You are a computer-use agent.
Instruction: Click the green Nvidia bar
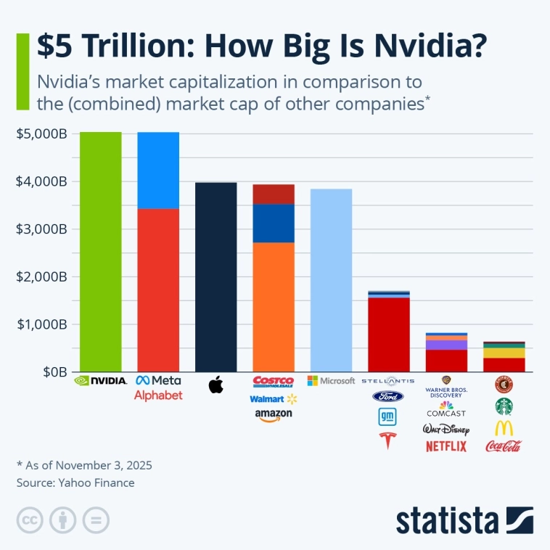100,251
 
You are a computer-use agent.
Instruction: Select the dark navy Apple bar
216,276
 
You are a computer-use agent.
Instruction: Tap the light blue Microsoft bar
331,280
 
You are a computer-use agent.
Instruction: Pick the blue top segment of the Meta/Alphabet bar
158,170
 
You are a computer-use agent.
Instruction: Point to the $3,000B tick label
41,229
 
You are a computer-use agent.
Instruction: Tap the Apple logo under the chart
216,385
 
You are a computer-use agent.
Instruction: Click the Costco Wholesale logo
274,381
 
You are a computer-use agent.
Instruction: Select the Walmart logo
274,398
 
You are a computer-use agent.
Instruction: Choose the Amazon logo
274,414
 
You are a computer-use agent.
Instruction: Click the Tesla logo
388,440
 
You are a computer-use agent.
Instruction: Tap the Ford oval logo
388,396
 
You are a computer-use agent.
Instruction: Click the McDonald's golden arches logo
504,427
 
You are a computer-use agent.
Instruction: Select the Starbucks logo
504,406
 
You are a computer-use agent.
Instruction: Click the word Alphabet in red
158,395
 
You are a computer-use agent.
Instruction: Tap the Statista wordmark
447,520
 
